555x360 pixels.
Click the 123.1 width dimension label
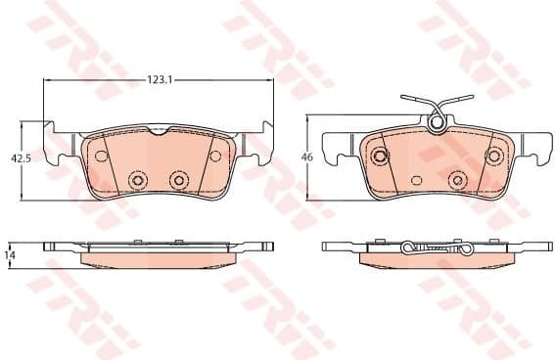click(x=159, y=79)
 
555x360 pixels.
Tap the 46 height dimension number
click(x=305, y=157)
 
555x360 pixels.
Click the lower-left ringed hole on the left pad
click(x=137, y=181)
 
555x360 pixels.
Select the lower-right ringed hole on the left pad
click(x=178, y=180)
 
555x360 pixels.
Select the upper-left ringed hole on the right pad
click(x=377, y=154)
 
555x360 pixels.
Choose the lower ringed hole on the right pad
click(x=456, y=180)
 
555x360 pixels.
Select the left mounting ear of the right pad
click(x=339, y=146)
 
